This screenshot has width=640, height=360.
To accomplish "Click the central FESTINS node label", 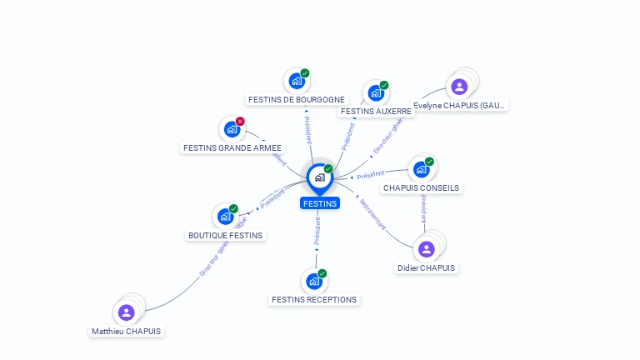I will pyautogui.click(x=320, y=203).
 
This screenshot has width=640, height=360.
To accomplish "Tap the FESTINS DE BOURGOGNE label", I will pyautogui.click(x=297, y=99).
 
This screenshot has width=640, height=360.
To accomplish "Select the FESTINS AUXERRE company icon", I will pyautogui.click(x=376, y=92).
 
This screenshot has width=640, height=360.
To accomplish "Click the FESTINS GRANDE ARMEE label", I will pyautogui.click(x=233, y=147).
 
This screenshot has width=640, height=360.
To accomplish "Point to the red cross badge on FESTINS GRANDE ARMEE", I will pyautogui.click(x=240, y=122).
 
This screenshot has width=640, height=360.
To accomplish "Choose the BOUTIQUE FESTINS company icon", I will pyautogui.click(x=224, y=217).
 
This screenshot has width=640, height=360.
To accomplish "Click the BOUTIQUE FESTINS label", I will pyautogui.click(x=225, y=235).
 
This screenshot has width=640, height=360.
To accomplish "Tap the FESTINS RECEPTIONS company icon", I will pyautogui.click(x=313, y=281).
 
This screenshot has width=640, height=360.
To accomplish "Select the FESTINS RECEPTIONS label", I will pyautogui.click(x=314, y=299).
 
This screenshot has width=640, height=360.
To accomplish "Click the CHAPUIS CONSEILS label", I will pyautogui.click(x=421, y=187).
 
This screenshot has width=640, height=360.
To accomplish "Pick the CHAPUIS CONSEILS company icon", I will pyautogui.click(x=421, y=169).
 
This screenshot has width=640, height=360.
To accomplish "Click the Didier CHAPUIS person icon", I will pyautogui.click(x=427, y=249).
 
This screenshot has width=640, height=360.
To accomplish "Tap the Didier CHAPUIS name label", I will pyautogui.click(x=427, y=267).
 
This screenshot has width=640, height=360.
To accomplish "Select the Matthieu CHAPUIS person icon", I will pyautogui.click(x=127, y=312).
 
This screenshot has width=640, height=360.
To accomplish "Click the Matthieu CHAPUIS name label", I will pyautogui.click(x=127, y=331).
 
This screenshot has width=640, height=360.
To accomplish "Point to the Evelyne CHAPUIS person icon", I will pyautogui.click(x=459, y=87).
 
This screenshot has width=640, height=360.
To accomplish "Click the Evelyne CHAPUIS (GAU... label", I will pyautogui.click(x=460, y=105).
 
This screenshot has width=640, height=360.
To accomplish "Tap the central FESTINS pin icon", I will pyautogui.click(x=319, y=177).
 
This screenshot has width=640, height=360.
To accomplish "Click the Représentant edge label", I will pyautogui.click(x=372, y=212).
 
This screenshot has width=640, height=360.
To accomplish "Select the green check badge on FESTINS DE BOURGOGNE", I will pyautogui.click(x=305, y=73).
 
